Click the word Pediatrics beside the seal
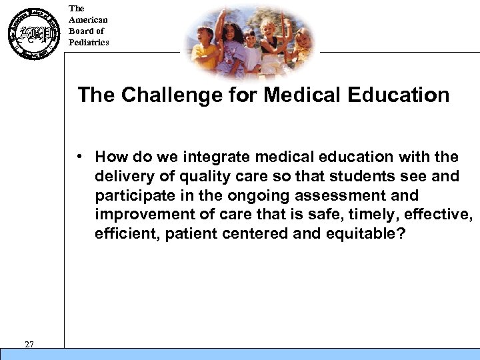(89, 43)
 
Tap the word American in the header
(88, 20)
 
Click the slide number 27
(29, 344)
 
